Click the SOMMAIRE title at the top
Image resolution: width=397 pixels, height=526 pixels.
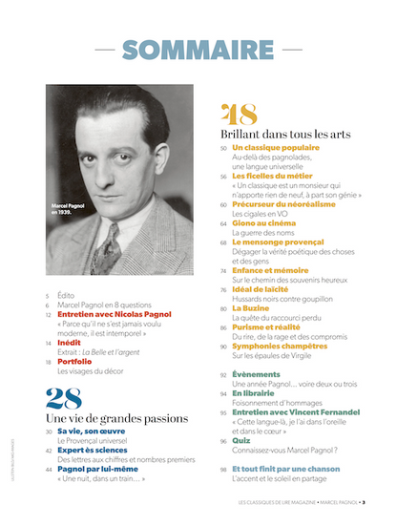[198, 50]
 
